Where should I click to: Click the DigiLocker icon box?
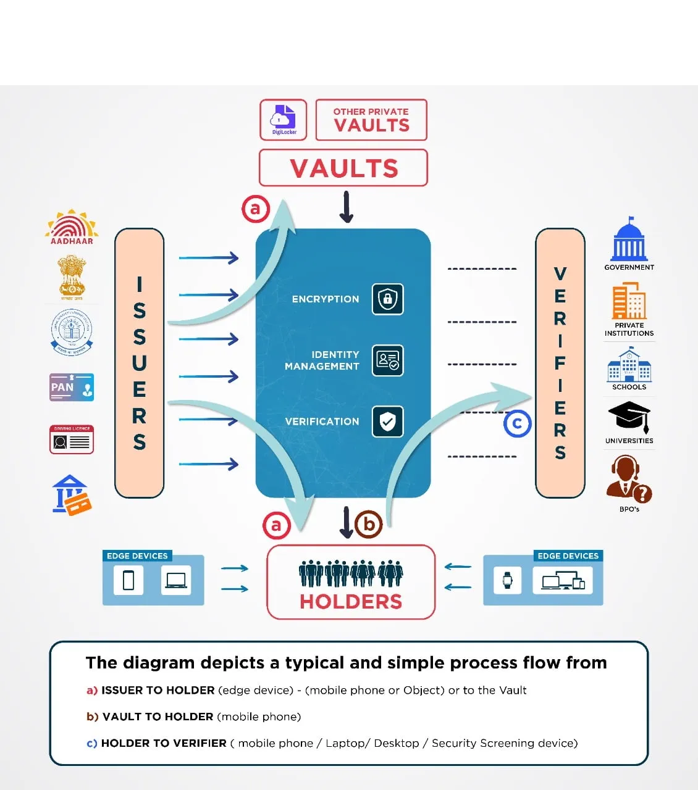coord(284,120)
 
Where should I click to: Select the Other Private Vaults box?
coord(371,120)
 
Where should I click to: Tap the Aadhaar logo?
coord(72,227)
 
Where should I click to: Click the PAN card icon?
coord(72,387)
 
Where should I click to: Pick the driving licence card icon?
coord(72,439)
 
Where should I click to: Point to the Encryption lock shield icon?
coord(388,299)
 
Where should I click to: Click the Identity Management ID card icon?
coord(388,360)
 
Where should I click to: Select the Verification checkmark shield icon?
coord(388,422)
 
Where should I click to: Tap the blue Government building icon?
coord(629,239)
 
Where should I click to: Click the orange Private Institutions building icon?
coord(629,301)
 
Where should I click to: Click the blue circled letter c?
coord(518,423)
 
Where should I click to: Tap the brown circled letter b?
coord(369,524)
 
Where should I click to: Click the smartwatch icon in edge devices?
coord(507,580)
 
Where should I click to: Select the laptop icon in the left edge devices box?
coord(176,580)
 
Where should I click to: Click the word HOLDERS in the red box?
coord(351,601)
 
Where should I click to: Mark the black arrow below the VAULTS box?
coord(347,207)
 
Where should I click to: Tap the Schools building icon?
coord(629,365)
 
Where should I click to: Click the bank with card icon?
coord(72,494)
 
